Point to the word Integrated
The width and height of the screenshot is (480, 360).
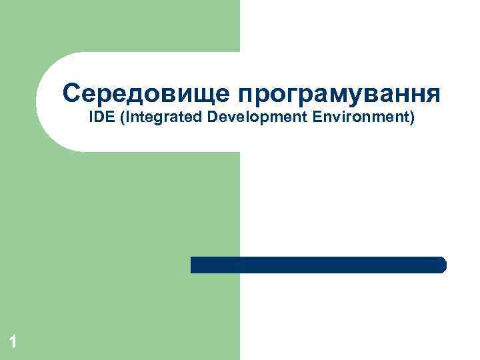pos(159,119)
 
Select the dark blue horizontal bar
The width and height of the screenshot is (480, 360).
pos(318,265)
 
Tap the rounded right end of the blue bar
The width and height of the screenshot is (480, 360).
pos(442,265)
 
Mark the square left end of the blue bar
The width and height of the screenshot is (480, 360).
pos(194,265)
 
